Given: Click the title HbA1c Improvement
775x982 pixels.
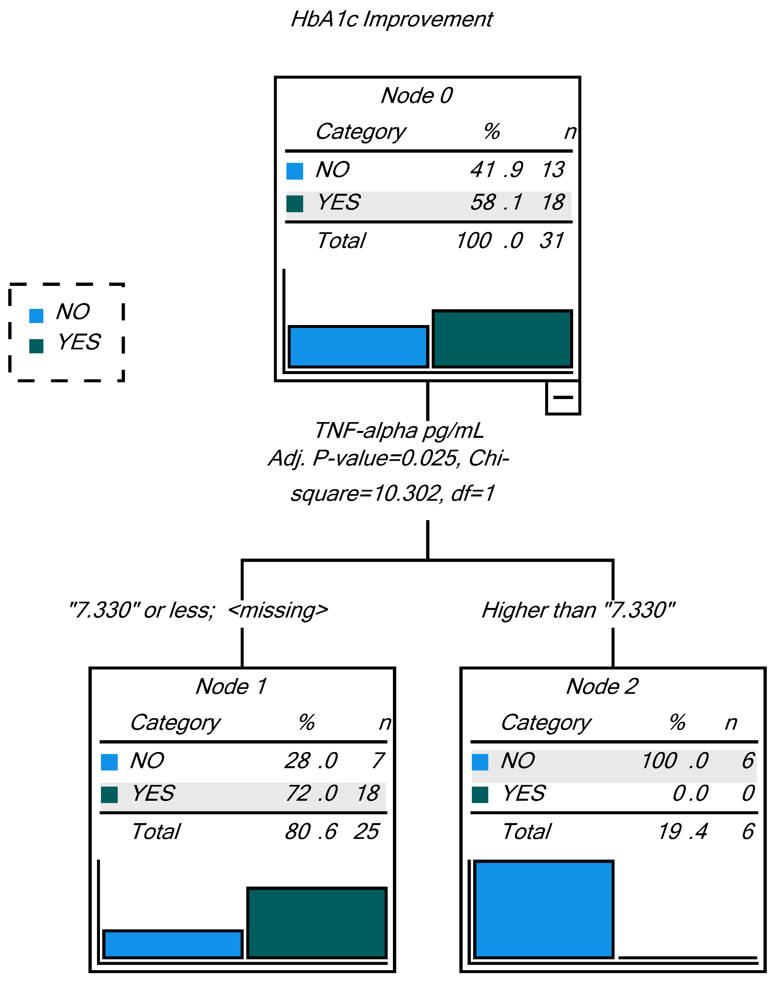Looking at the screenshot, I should tap(392, 19).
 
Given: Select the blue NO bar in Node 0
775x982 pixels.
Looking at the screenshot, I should tap(358, 346).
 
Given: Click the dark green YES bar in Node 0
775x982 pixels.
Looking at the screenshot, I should tap(502, 339).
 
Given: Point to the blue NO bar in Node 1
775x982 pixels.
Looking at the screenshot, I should tap(173, 944).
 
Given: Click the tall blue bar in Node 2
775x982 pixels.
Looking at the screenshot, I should tap(544, 909).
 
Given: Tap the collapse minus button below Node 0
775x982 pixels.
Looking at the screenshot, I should tap(563, 398).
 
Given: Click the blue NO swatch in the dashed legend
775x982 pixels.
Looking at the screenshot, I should tap(36, 315).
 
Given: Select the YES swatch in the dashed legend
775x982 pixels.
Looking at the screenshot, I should tap(36, 346).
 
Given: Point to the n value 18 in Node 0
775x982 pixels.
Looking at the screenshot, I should tap(553, 202).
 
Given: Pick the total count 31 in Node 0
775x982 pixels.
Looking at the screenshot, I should tap(552, 240).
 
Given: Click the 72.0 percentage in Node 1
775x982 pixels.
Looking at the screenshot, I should tap(311, 793).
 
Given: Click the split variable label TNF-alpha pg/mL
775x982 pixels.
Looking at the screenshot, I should tap(399, 431).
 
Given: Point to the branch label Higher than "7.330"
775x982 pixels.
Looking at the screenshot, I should tap(578, 610).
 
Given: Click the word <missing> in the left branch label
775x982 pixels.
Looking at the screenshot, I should tap(278, 610).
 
